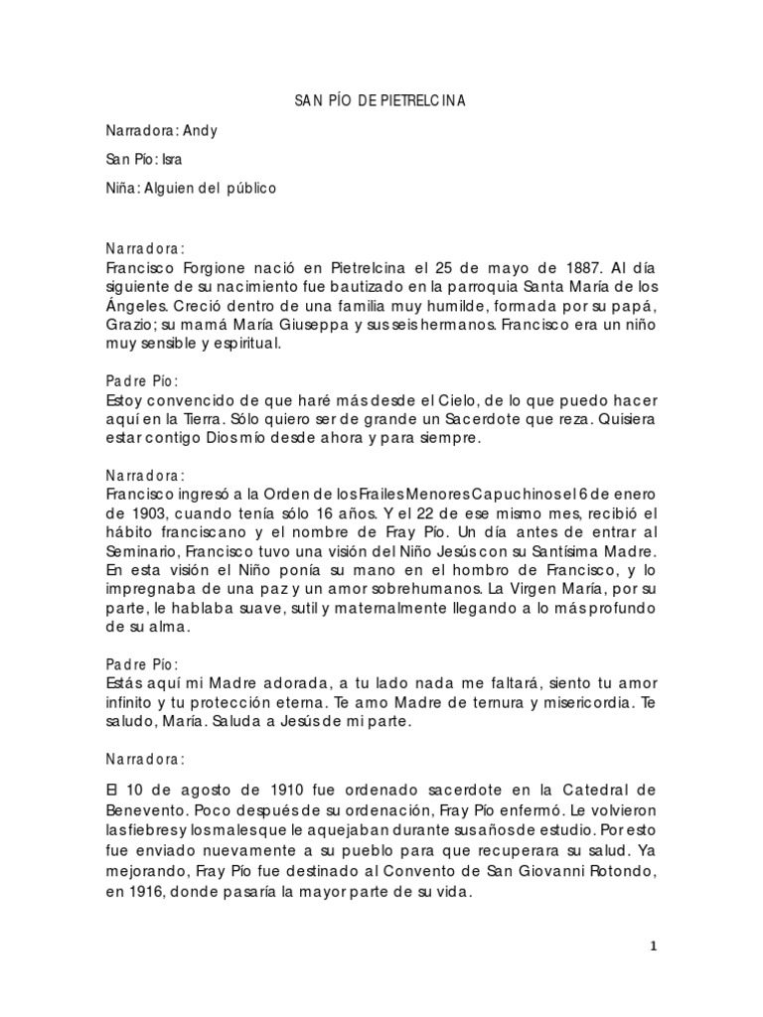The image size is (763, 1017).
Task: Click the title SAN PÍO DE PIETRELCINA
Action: click(x=381, y=101)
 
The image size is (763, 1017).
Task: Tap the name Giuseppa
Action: click(x=289, y=327)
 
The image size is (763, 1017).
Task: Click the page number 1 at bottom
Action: click(x=653, y=947)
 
